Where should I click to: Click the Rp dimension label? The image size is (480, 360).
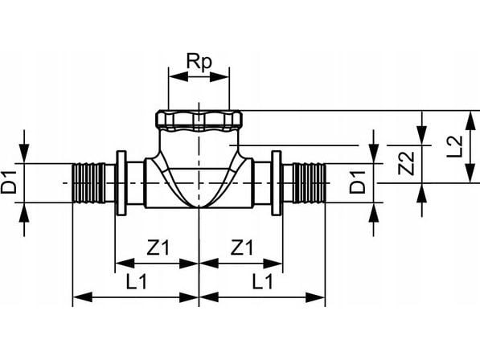(x=199, y=63)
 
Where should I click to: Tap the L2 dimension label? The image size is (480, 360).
(x=455, y=146)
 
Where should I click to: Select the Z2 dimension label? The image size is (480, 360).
(x=406, y=164)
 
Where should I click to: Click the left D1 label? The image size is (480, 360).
(x=9, y=182)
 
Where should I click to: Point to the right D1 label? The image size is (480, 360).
(x=358, y=182)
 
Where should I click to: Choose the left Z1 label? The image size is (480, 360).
(x=158, y=247)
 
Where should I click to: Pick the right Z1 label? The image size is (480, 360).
(x=242, y=247)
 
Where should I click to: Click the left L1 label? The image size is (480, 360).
(x=137, y=281)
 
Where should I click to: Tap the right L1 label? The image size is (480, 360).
(x=262, y=281)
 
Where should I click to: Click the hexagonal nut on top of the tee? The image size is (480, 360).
(x=199, y=121)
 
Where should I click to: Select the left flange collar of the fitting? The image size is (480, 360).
(x=121, y=183)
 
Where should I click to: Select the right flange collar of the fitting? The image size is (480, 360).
(x=277, y=183)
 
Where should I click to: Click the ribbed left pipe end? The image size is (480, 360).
(x=88, y=183)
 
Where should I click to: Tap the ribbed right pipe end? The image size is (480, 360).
(x=309, y=183)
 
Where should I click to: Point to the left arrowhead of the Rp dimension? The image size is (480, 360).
(x=178, y=77)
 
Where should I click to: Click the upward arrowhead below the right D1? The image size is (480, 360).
(x=374, y=212)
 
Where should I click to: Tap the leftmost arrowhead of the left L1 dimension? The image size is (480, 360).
(x=83, y=297)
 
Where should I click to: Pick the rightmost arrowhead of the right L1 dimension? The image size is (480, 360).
(x=315, y=297)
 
